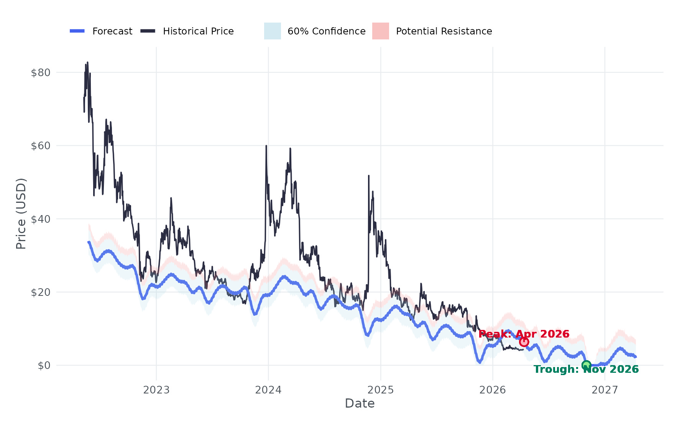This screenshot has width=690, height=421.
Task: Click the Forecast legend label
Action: [112, 31]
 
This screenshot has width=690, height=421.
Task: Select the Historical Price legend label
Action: [198, 31]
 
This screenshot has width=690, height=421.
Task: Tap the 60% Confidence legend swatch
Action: [272, 31]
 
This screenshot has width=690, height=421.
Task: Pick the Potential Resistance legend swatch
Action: [380, 31]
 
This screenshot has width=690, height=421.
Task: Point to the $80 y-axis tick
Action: [41, 72]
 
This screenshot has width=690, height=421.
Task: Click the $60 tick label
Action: [41, 146]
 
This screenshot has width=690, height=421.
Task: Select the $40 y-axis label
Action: [41, 219]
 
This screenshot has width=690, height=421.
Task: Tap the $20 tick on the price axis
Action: [41, 292]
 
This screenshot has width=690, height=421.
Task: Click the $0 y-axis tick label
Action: [44, 366]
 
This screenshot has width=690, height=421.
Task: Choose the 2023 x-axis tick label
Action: [156, 390]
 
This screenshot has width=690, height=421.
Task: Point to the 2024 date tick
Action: [268, 390]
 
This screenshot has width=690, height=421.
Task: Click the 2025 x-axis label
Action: [381, 390]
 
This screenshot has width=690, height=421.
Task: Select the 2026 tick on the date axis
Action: [493, 390]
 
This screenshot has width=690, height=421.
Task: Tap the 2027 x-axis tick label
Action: [605, 390]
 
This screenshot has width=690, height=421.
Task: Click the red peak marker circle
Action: [524, 342]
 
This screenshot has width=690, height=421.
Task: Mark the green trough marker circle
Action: [586, 365]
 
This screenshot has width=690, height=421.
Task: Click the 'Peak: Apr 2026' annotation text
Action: [524, 334]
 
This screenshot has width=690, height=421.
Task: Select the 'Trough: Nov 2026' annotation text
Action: [586, 369]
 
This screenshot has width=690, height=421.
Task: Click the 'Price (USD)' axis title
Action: [21, 214]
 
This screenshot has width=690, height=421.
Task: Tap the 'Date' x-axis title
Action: [360, 403]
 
